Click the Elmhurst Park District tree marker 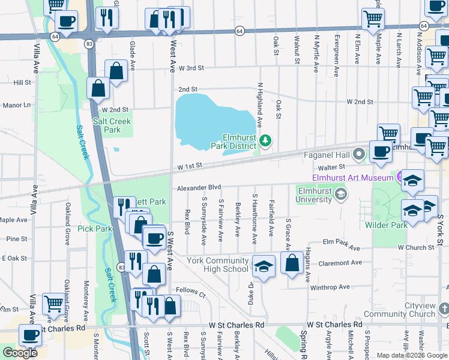click(x=265, y=141)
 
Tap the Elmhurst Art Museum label click(x=352, y=178)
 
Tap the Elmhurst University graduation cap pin click(x=341, y=193)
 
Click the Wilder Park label click(x=385, y=224)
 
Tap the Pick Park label click(x=95, y=229)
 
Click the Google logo click(x=20, y=352)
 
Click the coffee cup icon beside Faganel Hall click(x=381, y=152)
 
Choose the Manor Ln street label click(x=17, y=105)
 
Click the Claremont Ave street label click(x=342, y=262)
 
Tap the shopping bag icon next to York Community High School click(x=292, y=263)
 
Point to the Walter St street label click(x=332, y=167)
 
